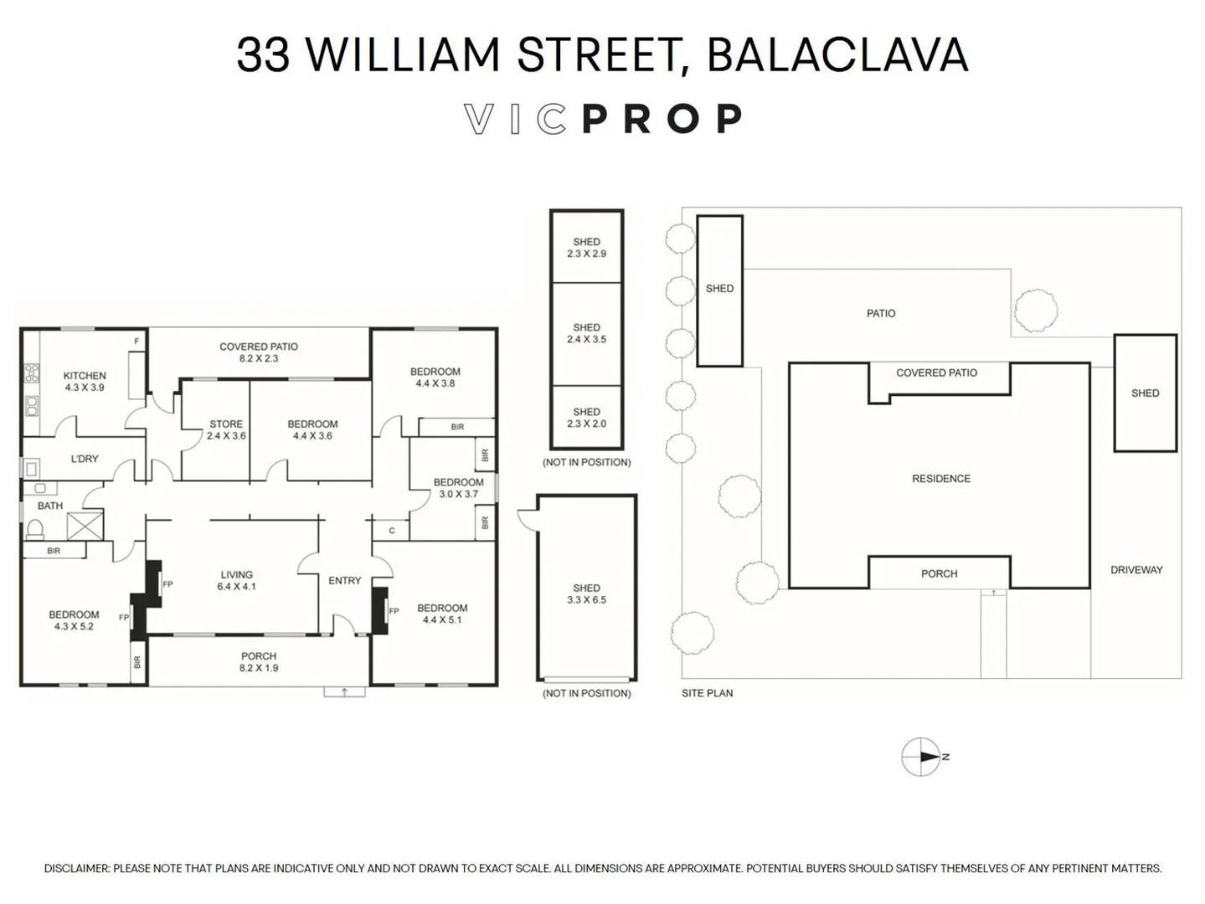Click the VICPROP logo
[603, 119]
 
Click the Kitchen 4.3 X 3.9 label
[85, 381]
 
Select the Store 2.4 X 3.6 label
[226, 430]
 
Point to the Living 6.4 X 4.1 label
[237, 580]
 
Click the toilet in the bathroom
[35, 529]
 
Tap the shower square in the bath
[85, 526]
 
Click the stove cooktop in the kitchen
[31, 373]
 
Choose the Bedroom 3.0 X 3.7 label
[458, 488]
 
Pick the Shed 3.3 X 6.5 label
[586, 594]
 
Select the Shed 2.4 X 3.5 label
[586, 333]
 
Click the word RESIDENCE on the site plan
[941, 479]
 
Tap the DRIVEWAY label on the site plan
[1136, 570]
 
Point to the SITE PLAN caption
[707, 693]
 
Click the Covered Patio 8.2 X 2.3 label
[259, 352]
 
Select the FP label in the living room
[167, 585]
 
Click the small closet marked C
[391, 531]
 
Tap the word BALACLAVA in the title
[837, 55]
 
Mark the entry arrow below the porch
[344, 691]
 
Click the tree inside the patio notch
[1035, 311]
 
